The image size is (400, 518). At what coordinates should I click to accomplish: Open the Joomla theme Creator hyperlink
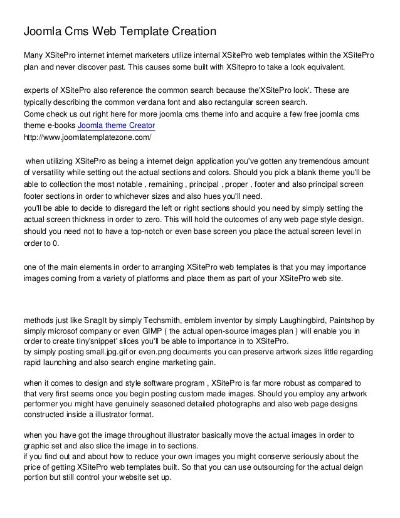[120, 125]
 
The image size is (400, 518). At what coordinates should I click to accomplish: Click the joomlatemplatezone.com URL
[87, 136]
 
